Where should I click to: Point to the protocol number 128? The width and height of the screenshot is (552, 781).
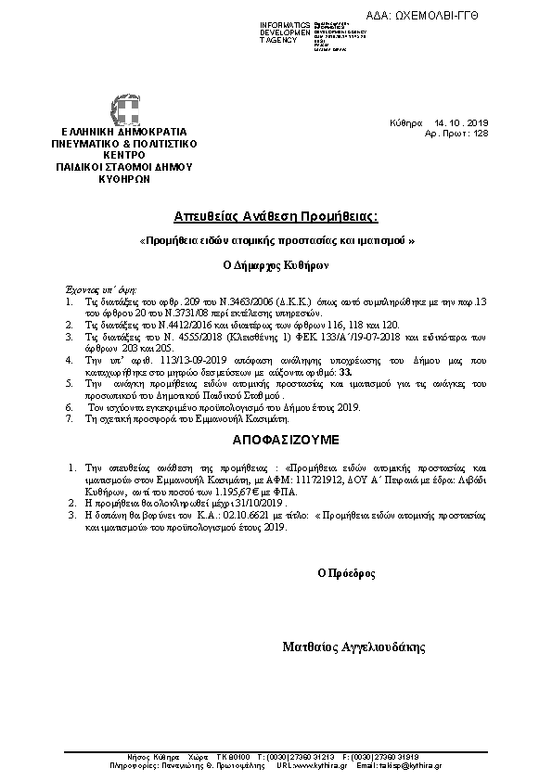pyautogui.click(x=481, y=134)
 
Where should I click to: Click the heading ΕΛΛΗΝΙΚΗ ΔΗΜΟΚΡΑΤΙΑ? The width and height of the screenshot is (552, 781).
pyautogui.click(x=124, y=133)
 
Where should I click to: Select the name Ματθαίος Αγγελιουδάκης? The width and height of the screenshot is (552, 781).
pyautogui.click(x=353, y=646)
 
